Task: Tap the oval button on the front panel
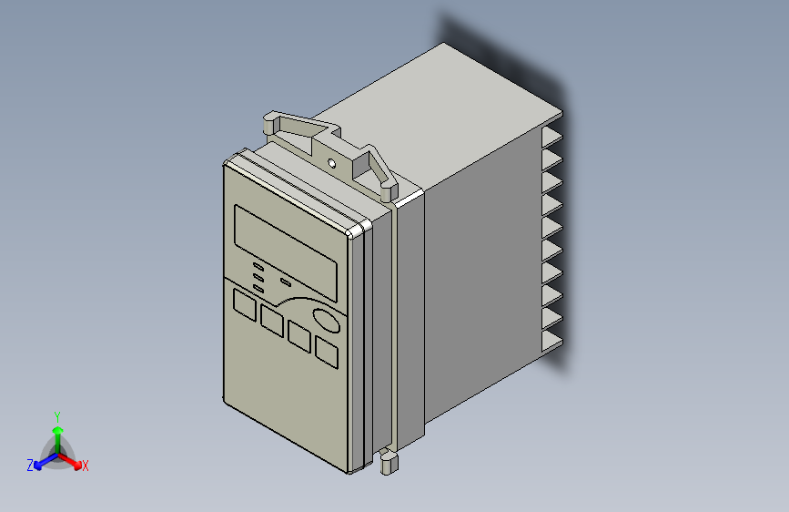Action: (327, 321)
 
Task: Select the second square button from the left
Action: (272, 319)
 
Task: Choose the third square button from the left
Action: (299, 333)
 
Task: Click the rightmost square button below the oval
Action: (327, 351)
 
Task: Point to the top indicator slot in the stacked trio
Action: (258, 265)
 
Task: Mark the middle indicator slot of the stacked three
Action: (258, 276)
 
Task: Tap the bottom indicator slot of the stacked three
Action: (258, 288)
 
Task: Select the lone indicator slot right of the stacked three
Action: (285, 282)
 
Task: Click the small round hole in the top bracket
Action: (332, 164)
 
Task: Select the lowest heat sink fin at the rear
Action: (552, 343)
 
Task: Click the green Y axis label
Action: (56, 415)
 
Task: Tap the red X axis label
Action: (86, 466)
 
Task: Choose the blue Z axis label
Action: (30, 465)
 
